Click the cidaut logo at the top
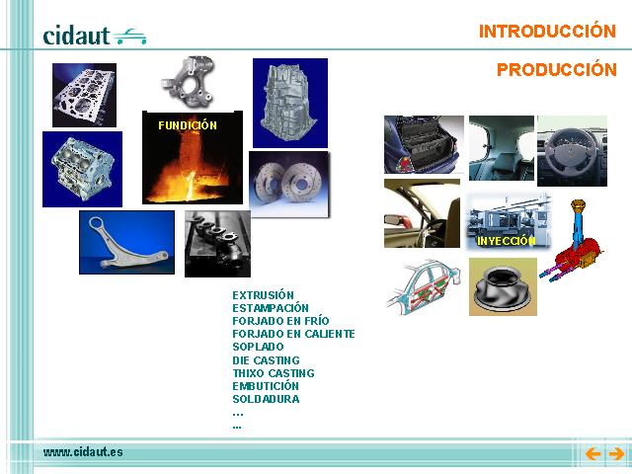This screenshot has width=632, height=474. [95, 36]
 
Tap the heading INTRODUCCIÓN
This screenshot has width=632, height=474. [547, 31]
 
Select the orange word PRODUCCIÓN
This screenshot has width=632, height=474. [557, 69]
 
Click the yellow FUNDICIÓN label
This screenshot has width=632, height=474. [188, 125]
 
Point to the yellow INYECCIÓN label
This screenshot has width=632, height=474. [507, 241]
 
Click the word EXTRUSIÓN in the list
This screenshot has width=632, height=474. [263, 294]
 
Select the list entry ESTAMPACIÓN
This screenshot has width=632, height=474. [270, 308]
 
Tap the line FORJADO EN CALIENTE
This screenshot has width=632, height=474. [293, 334]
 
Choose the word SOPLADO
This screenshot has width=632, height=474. [258, 347]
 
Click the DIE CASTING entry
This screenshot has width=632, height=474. [266, 359]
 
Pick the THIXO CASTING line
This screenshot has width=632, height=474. [274, 373]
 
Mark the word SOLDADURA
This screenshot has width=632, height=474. [266, 399]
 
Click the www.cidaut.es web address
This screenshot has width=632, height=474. [83, 452]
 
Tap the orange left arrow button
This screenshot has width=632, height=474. [592, 454]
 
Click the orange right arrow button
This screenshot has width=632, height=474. [616, 454]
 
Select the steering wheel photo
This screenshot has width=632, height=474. [572, 151]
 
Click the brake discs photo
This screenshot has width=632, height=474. [289, 185]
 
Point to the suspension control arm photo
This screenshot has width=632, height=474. [127, 242]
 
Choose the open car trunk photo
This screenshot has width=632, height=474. [424, 145]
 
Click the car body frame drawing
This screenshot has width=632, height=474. [425, 287]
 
